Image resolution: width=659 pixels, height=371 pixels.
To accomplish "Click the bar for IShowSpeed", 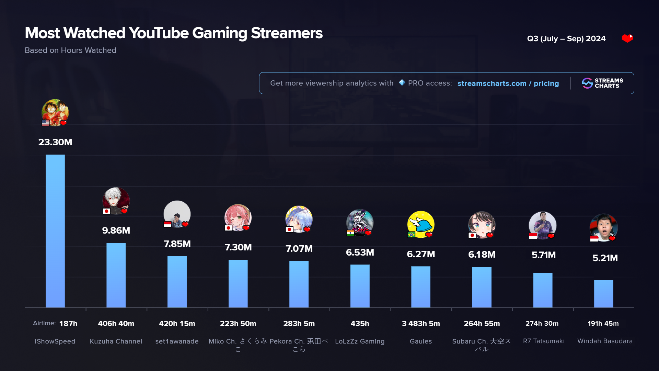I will [55, 231].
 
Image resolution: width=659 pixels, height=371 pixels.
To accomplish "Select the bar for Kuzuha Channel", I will [116, 275].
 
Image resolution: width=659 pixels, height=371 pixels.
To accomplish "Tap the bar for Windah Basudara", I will [603, 294].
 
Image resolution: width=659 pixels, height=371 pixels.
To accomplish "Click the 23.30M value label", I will [55, 142].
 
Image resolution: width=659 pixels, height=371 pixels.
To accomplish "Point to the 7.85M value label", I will [177, 244].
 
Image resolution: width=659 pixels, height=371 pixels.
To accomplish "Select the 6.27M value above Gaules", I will [421, 254].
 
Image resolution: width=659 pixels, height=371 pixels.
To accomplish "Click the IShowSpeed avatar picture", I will [55, 112].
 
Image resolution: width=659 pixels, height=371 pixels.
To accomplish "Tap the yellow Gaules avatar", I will [421, 224].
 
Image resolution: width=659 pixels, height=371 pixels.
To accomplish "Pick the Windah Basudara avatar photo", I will [603, 227].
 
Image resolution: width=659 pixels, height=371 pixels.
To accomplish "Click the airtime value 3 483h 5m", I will [421, 324].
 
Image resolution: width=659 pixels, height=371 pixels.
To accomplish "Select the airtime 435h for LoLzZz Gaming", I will [360, 324].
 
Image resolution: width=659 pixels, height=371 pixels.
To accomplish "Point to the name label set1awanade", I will [177, 341].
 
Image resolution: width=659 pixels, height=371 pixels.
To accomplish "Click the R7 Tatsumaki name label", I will [544, 341].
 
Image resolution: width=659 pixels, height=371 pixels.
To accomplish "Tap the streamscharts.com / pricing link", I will [508, 83].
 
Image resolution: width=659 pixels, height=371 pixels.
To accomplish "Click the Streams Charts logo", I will [602, 83].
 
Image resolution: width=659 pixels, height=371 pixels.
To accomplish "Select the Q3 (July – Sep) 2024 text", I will [566, 39].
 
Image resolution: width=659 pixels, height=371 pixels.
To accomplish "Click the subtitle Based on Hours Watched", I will [70, 50].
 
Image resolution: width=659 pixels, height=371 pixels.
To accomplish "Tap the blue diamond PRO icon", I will [402, 83].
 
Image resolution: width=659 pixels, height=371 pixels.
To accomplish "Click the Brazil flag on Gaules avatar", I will [411, 235].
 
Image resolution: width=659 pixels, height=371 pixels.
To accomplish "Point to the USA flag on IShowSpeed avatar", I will [46, 123].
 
